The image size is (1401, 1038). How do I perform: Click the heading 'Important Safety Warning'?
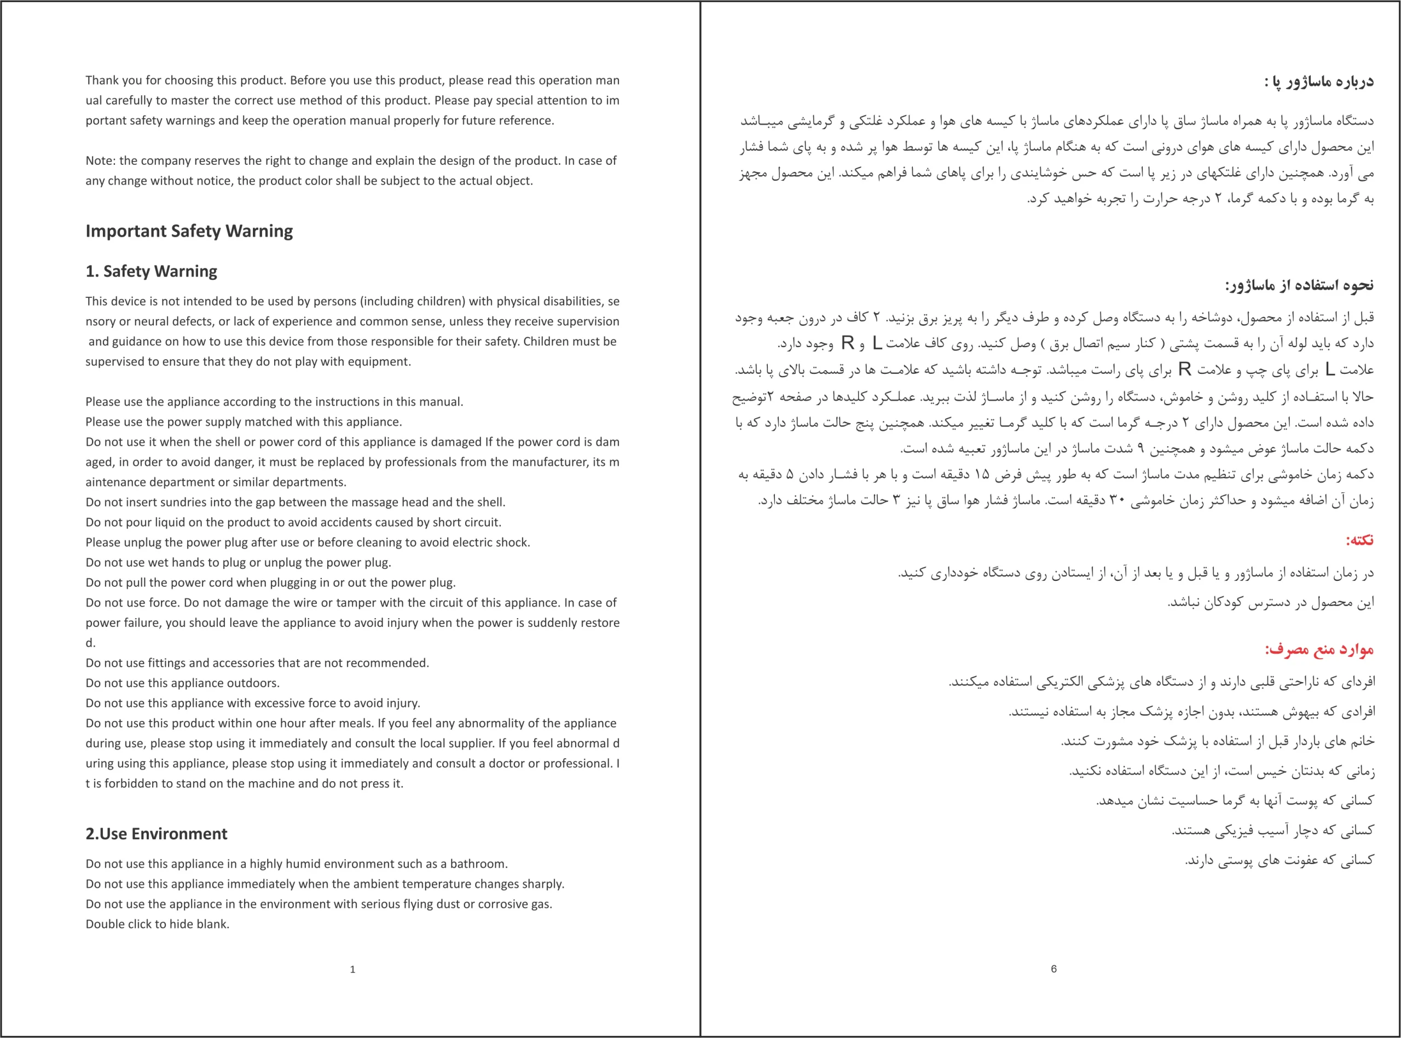coord(189,231)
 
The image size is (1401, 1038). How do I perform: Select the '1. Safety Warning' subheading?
coord(152,272)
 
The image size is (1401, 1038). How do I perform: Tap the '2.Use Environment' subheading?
coord(157,834)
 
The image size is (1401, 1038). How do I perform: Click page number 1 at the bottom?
coord(352,970)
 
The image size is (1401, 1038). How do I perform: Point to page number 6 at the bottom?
coord(1053,969)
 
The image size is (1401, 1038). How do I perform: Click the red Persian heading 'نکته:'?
coord(1359,540)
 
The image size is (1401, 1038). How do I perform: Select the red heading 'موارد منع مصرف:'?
coord(1319,649)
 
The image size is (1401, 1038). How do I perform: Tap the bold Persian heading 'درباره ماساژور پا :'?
coord(1319,82)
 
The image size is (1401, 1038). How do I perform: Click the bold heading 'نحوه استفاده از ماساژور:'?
coord(1299,286)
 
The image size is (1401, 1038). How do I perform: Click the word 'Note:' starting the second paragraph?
coord(101,161)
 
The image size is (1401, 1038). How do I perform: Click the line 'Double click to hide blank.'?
coord(158,924)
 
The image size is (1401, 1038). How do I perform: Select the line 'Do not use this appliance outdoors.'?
coord(183,683)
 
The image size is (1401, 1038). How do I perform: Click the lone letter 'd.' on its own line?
coord(90,643)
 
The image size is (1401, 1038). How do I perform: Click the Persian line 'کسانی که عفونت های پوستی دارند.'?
coord(1279,860)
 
